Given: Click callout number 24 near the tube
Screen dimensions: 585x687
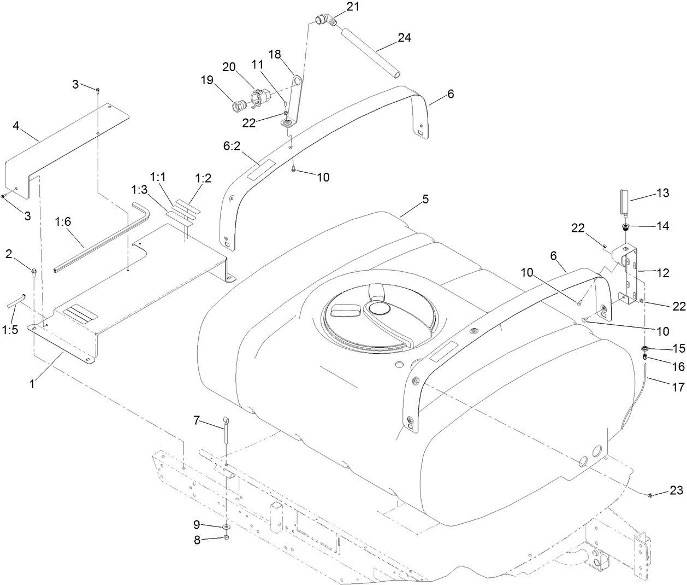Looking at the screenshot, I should click(x=404, y=38).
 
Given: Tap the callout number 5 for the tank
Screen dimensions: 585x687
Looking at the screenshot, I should click(x=425, y=200).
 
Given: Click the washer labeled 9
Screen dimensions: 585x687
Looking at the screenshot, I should click(x=226, y=526).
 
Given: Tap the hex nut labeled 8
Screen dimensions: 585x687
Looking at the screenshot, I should click(x=227, y=539).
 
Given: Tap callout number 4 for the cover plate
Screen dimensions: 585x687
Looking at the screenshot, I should click(x=16, y=126).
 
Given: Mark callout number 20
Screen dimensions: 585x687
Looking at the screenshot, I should click(x=229, y=67).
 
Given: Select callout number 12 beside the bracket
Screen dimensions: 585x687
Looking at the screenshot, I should click(x=662, y=274).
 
